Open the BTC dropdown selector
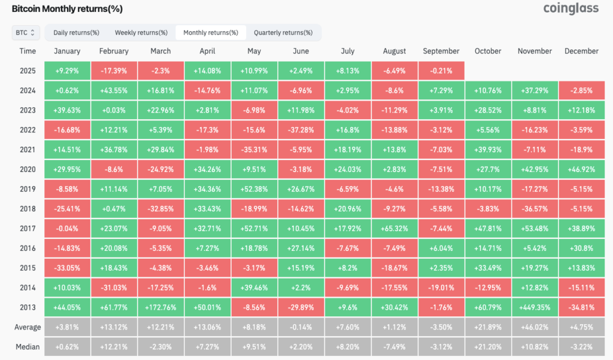tap(25, 32)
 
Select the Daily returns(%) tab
tap(76, 32)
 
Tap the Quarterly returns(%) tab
tap(283, 32)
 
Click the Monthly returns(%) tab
tap(211, 32)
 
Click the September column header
tap(441, 52)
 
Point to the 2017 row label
tap(28, 229)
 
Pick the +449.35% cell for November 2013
tap(535, 307)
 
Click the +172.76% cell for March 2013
tap(160, 307)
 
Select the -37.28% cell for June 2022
tap(301, 130)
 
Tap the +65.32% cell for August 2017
tap(394, 229)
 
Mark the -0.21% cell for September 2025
tap(441, 71)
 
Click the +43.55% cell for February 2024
tap(114, 91)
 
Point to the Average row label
tap(28, 327)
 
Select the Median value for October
tap(488, 347)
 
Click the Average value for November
tap(535, 327)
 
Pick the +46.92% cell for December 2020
tap(581, 170)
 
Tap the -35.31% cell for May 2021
tap(254, 150)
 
